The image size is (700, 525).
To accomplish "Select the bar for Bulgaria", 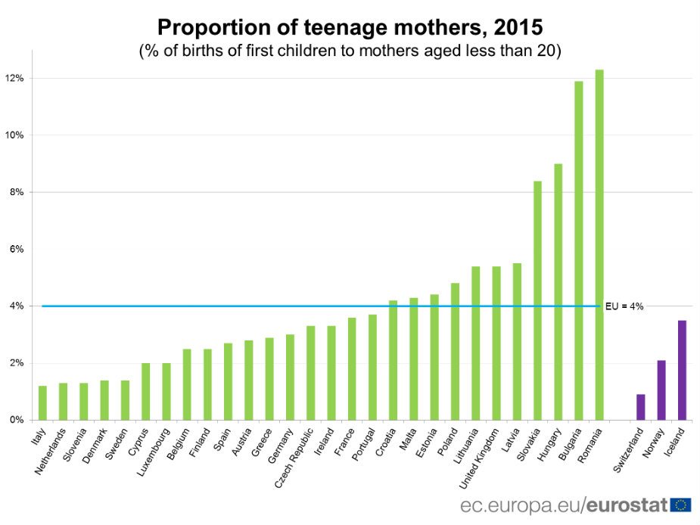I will [579, 250].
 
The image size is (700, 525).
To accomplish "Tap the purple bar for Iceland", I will [682, 370].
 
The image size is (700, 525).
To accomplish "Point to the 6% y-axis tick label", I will [17, 250].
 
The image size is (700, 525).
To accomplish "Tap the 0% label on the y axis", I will [17, 420].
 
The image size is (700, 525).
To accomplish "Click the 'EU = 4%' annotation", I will [624, 306].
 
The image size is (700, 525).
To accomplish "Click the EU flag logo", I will [680, 505].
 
